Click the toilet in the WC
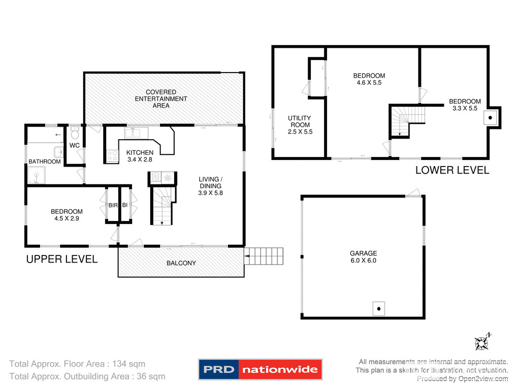click(75, 135)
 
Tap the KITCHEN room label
click(140, 152)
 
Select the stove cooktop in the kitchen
click(112, 156)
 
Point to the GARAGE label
click(363, 253)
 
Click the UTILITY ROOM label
click(300, 121)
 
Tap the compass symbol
click(482, 342)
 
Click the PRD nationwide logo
click(260, 369)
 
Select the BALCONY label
click(181, 263)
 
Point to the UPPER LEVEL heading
click(61, 259)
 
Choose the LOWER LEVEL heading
click(452, 170)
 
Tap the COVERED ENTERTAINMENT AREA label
click(161, 99)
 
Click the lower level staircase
click(407, 121)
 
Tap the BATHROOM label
click(45, 161)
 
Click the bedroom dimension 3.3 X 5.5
click(465, 108)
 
